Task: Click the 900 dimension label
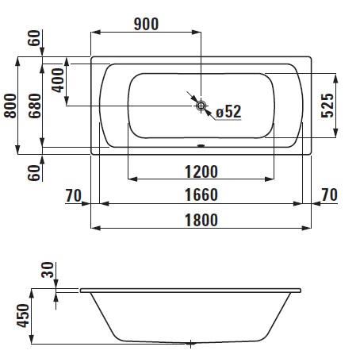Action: (x=146, y=24)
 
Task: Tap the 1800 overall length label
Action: (x=201, y=220)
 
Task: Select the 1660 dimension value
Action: (x=201, y=194)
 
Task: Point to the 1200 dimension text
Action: (x=201, y=171)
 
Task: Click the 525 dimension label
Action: (x=327, y=106)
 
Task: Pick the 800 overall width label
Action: (x=10, y=106)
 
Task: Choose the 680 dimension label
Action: (x=35, y=106)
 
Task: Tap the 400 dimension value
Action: (x=58, y=80)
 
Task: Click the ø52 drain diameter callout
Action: (x=228, y=112)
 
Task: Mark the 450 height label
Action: (x=23, y=315)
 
